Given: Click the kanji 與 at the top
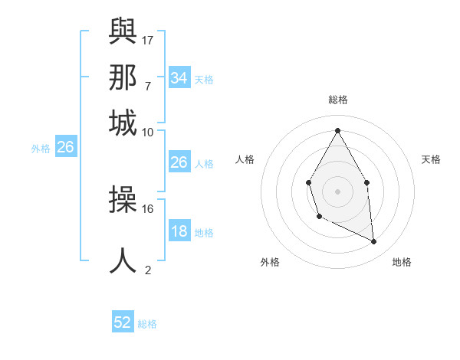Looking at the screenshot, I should pyautogui.click(x=123, y=33).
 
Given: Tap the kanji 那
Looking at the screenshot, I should pyautogui.click(x=123, y=77).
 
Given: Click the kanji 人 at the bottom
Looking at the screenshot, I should pyautogui.click(x=123, y=260).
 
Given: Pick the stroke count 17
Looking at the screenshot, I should pyautogui.click(x=148, y=39).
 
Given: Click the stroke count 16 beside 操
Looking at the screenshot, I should pyautogui.click(x=148, y=208).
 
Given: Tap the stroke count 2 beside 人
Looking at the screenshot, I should pyautogui.click(x=148, y=269).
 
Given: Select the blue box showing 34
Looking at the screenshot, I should pyautogui.click(x=179, y=78).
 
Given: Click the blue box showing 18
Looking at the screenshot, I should pyautogui.click(x=179, y=232).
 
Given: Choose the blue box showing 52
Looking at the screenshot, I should pyautogui.click(x=123, y=322).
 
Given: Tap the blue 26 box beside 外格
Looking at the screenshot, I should pyautogui.click(x=65, y=148).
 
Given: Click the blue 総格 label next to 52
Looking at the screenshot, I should pyautogui.click(x=147, y=324).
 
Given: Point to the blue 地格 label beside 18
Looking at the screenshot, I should pyautogui.click(x=204, y=233).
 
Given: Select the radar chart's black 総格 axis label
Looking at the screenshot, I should pyautogui.click(x=337, y=100).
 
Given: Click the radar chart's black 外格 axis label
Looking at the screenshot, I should pyautogui.click(x=270, y=262).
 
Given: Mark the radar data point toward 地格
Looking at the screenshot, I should pyautogui.click(x=374, y=242).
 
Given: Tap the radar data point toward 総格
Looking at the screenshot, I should pyautogui.click(x=337, y=130).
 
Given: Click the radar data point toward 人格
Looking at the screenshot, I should pyautogui.click(x=308, y=182).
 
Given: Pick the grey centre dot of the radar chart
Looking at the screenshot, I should pyautogui.click(x=337, y=190).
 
